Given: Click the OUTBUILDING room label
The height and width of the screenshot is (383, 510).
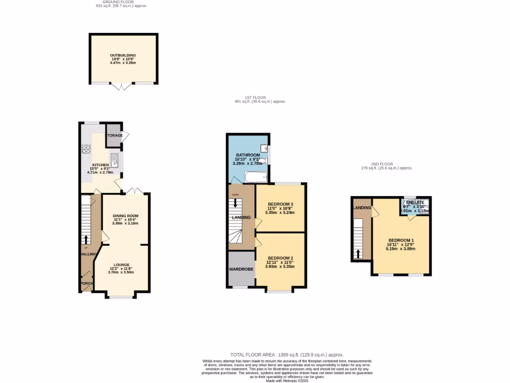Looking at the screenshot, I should point(123,55).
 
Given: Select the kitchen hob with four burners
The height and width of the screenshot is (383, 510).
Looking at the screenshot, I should point(85,149).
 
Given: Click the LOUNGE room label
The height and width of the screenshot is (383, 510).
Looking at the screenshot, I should point(122,265).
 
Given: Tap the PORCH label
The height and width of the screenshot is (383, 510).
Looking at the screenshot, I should point(87,283).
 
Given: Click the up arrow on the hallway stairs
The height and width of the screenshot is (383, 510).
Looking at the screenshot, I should point(86,239).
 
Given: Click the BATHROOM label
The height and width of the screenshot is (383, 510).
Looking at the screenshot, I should point(248,155).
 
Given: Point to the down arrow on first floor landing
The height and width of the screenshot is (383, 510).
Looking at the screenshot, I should point(235,202).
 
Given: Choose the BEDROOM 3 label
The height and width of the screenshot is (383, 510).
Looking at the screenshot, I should point(280,204).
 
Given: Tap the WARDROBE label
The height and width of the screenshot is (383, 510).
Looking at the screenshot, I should point(242,269).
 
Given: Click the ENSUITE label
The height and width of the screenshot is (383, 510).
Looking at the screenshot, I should point(415,202).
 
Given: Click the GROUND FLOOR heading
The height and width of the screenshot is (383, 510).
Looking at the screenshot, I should point(121,2).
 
